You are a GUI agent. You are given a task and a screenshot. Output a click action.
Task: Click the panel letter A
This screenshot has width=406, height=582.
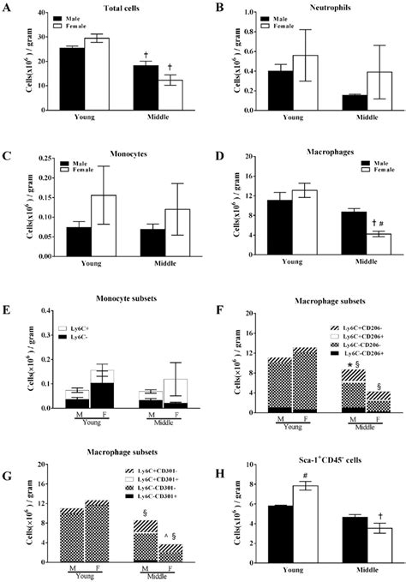coord(7,7)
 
